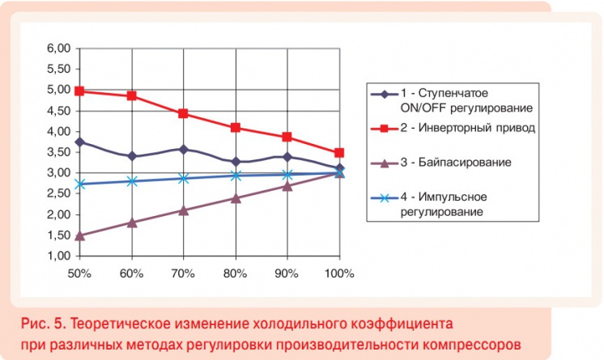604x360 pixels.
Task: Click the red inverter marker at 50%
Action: (x=80, y=91)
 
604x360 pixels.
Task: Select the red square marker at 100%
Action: (x=339, y=152)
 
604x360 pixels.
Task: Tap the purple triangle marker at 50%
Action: (x=80, y=235)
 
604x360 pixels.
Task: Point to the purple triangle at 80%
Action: (x=236, y=197)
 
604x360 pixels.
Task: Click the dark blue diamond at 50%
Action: (x=80, y=142)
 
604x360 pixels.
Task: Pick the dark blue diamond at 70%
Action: (x=184, y=149)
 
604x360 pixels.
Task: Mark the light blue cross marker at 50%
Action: (x=80, y=184)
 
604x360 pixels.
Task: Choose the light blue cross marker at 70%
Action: (x=184, y=178)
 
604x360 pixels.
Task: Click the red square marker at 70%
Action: (x=184, y=113)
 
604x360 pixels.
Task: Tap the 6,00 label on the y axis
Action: (x=59, y=49)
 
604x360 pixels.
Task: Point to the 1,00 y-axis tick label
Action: (x=59, y=256)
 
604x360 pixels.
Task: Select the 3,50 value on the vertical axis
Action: (x=59, y=152)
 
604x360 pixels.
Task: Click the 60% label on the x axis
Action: (x=132, y=273)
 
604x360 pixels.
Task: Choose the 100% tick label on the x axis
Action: (x=339, y=273)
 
